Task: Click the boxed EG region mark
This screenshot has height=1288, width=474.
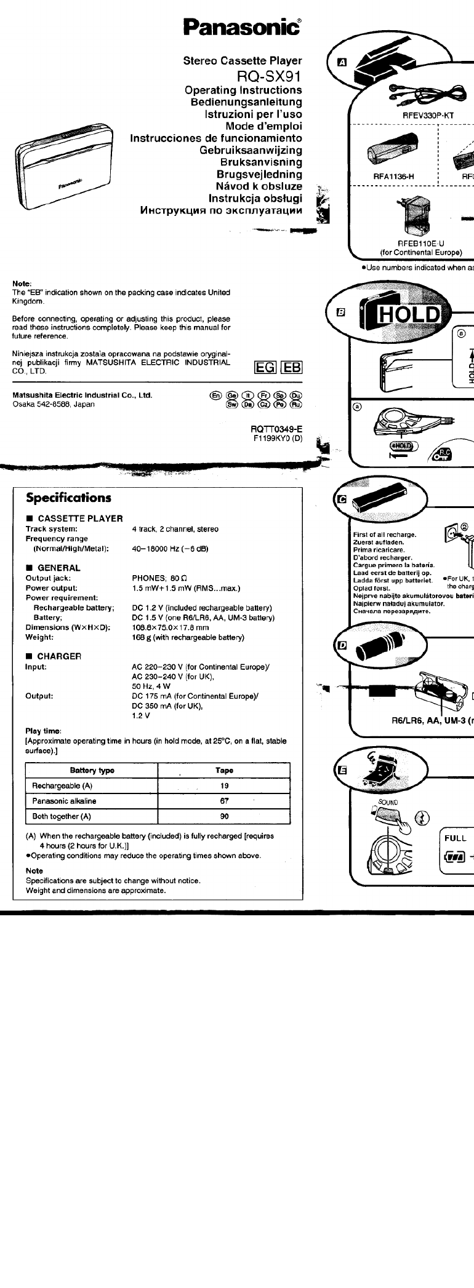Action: pos(265,367)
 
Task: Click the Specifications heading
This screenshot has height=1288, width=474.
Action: pos(68,498)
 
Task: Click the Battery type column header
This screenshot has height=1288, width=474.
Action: pos(92,770)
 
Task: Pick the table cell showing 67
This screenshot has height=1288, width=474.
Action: pos(224,801)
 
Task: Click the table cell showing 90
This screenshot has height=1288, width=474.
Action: pos(224,816)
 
